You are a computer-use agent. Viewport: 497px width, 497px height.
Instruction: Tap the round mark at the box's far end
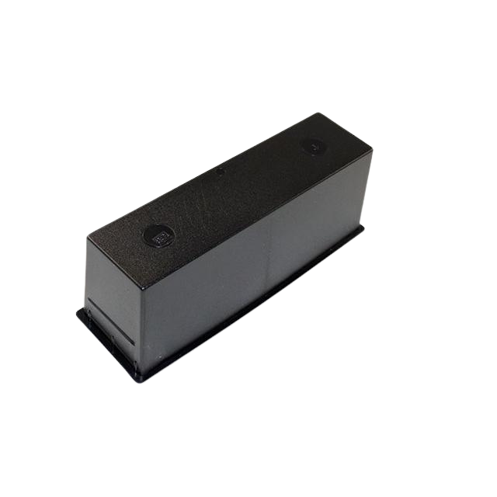(313, 144)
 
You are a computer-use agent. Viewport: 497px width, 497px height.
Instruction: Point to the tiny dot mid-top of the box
(221, 172)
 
